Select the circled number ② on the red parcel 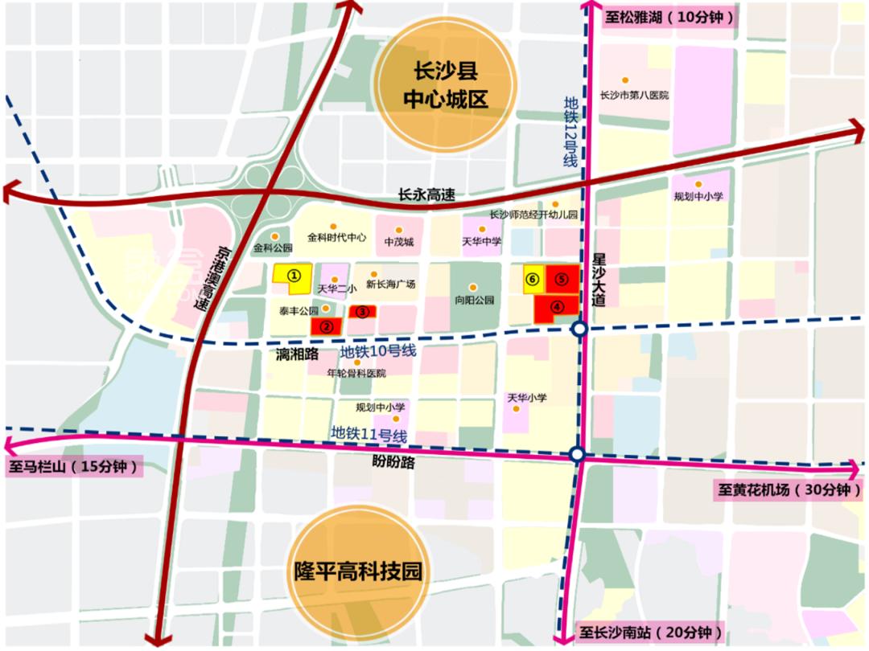point(327,326)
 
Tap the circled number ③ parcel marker point(363,312)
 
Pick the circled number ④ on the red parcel point(556,306)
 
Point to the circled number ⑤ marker point(562,278)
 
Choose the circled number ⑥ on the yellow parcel point(532,279)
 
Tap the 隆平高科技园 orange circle point(357,571)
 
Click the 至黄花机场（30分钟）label point(788,489)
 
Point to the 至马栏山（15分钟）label point(73,467)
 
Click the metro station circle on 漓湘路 point(579,330)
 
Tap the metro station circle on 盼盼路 point(577,455)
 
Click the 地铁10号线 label point(377,352)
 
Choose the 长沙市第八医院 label point(635,95)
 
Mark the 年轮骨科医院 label point(356,373)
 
